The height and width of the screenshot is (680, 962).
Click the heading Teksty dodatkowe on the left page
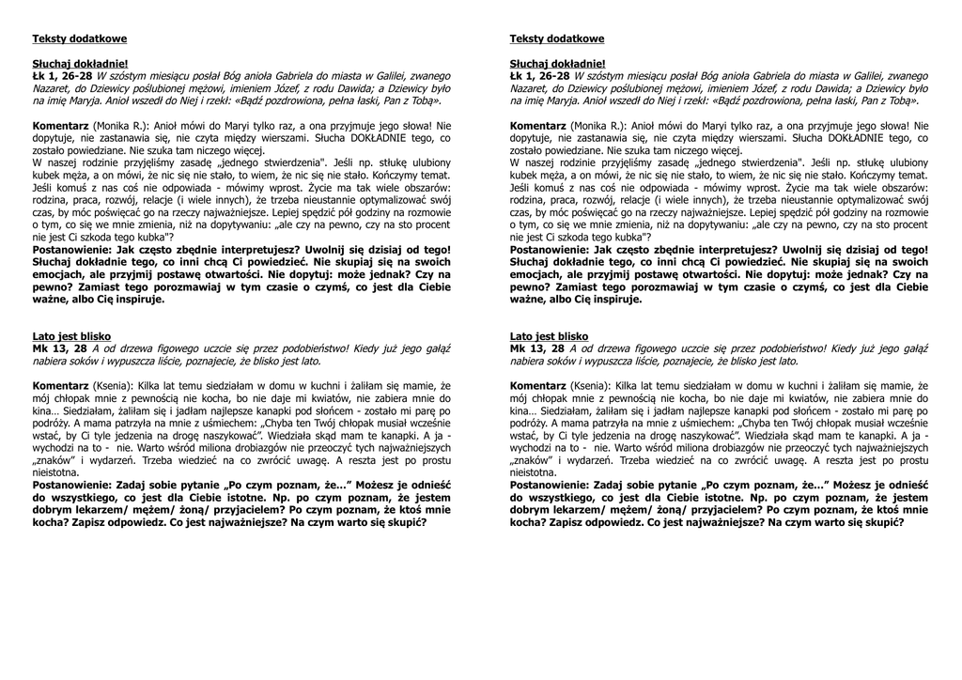pos(80,39)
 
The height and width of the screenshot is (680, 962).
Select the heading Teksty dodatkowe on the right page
pos(557,39)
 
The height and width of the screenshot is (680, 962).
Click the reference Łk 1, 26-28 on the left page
pos(62,75)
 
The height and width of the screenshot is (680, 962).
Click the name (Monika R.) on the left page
pos(117,125)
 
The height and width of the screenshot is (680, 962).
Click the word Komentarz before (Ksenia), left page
pos(60,386)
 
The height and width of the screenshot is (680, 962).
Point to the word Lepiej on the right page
pos(783,212)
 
